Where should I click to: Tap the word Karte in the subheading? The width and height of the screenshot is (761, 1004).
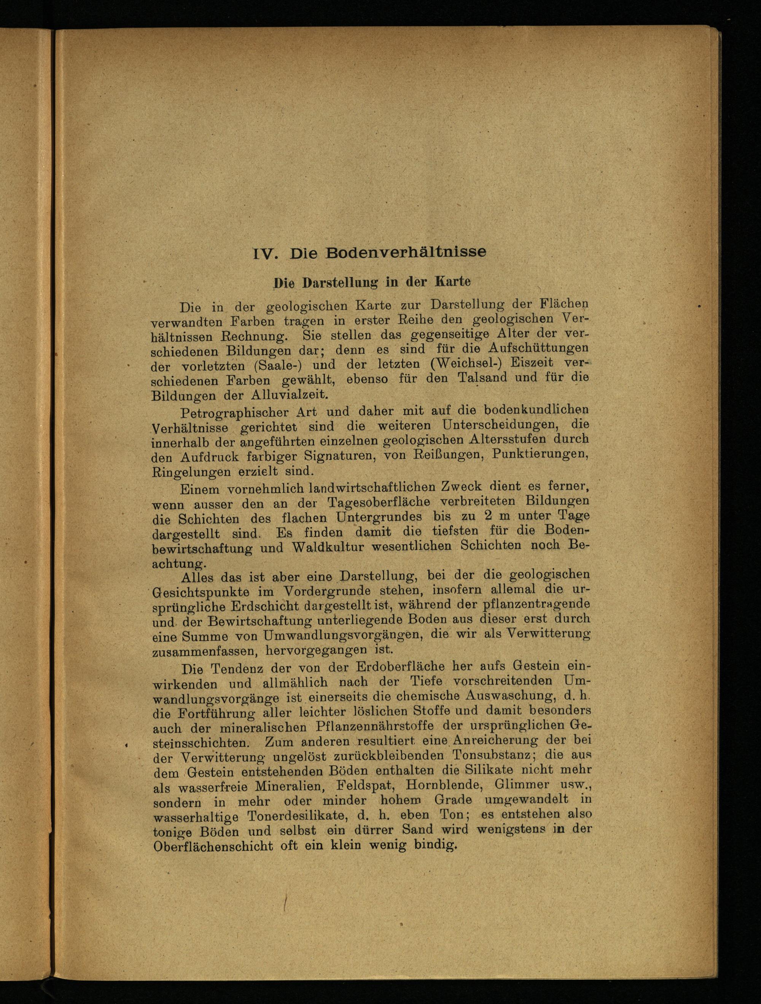[x=453, y=281]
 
